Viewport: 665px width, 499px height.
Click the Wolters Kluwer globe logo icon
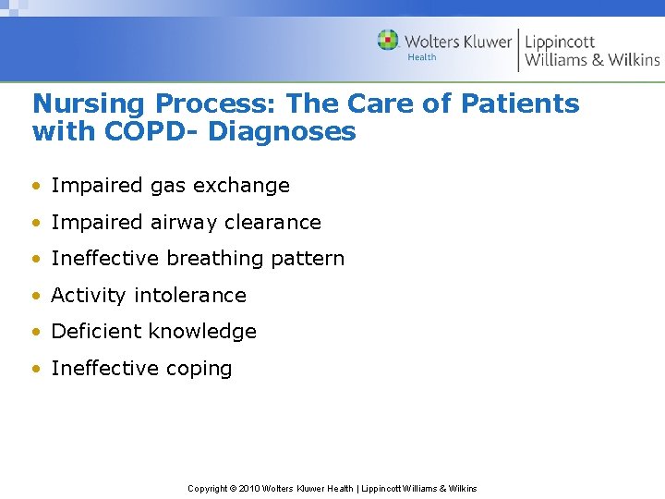(388, 41)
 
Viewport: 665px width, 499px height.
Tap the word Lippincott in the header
(560, 42)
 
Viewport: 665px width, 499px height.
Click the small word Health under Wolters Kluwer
(422, 57)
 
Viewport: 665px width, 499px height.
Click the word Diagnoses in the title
(282, 131)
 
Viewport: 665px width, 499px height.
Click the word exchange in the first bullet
(247, 186)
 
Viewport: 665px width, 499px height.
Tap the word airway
(183, 223)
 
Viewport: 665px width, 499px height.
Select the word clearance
(278, 223)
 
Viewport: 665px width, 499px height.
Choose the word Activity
(89, 296)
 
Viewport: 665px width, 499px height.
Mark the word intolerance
(190, 296)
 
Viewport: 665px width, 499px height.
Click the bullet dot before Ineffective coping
(36, 369)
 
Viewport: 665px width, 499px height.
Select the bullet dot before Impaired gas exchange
(36, 186)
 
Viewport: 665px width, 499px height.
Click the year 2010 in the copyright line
(249, 488)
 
